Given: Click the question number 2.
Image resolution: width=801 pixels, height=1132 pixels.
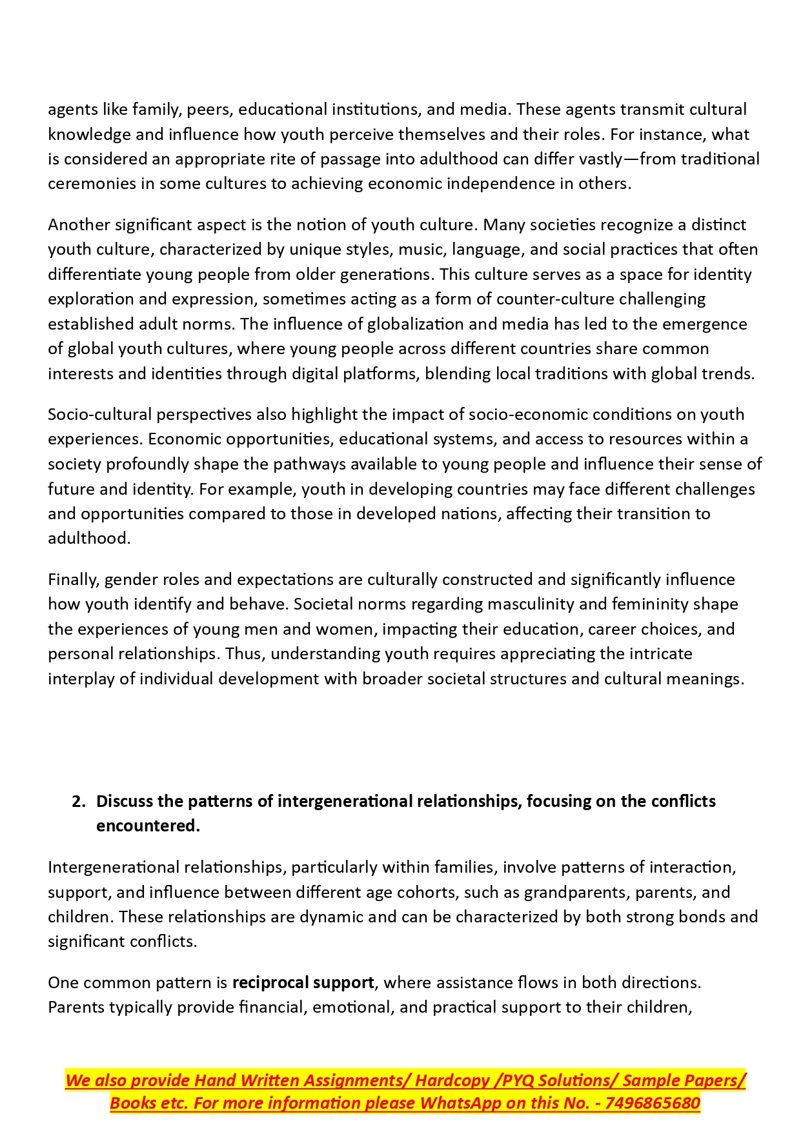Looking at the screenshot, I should coord(78,802).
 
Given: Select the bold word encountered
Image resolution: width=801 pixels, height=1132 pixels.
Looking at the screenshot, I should coord(148,826).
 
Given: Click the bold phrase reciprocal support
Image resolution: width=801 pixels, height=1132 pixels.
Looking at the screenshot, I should coord(303,983).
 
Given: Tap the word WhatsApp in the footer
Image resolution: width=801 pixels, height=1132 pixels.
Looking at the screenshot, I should coord(460,1104).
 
